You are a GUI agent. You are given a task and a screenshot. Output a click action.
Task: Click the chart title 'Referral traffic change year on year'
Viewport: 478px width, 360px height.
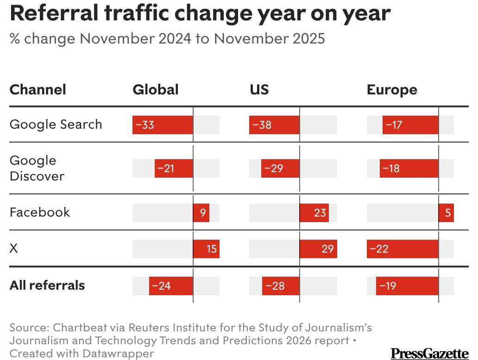click(x=200, y=13)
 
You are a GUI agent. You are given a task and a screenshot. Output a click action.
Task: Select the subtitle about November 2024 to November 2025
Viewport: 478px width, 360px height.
click(x=167, y=38)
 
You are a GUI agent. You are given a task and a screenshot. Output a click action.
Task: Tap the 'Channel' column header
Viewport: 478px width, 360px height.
click(x=38, y=89)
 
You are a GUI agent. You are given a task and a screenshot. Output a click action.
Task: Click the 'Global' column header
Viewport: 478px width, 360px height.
click(x=156, y=89)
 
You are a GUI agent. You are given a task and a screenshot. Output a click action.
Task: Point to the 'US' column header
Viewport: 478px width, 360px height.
click(x=259, y=89)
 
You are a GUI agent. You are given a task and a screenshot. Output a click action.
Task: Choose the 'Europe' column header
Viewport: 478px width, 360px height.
click(x=392, y=89)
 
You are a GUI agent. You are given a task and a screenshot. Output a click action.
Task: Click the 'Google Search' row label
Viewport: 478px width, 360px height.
click(x=56, y=124)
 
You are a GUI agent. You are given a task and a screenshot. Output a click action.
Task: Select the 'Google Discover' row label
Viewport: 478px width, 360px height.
click(x=37, y=168)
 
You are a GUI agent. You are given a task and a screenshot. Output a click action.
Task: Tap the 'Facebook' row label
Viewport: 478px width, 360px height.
click(x=40, y=212)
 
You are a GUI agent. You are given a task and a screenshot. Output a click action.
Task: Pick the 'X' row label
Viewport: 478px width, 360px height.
click(x=14, y=248)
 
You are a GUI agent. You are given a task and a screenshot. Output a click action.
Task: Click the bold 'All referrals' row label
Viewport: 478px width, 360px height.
click(x=47, y=285)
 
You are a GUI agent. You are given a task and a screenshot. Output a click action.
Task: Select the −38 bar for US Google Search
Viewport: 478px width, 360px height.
click(x=274, y=125)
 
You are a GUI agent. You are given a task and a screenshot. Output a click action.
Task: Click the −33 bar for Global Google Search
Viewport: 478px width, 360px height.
click(x=163, y=125)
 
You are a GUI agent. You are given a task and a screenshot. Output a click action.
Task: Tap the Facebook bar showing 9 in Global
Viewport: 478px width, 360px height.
click(x=201, y=213)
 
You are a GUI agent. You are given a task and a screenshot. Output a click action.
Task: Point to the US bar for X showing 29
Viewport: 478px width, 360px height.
click(x=318, y=249)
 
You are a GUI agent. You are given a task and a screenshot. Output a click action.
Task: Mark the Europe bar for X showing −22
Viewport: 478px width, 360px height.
click(x=403, y=249)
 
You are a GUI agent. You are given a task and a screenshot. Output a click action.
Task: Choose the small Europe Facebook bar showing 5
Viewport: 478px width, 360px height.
click(x=446, y=213)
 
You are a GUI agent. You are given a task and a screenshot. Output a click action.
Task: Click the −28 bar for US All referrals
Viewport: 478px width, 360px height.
click(x=281, y=286)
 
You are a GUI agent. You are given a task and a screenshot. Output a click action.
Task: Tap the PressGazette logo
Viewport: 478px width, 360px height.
click(x=429, y=354)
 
